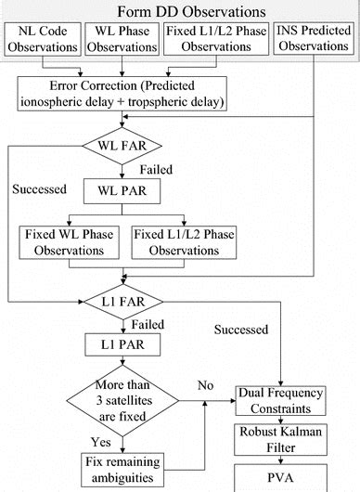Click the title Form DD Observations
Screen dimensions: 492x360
click(180, 11)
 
